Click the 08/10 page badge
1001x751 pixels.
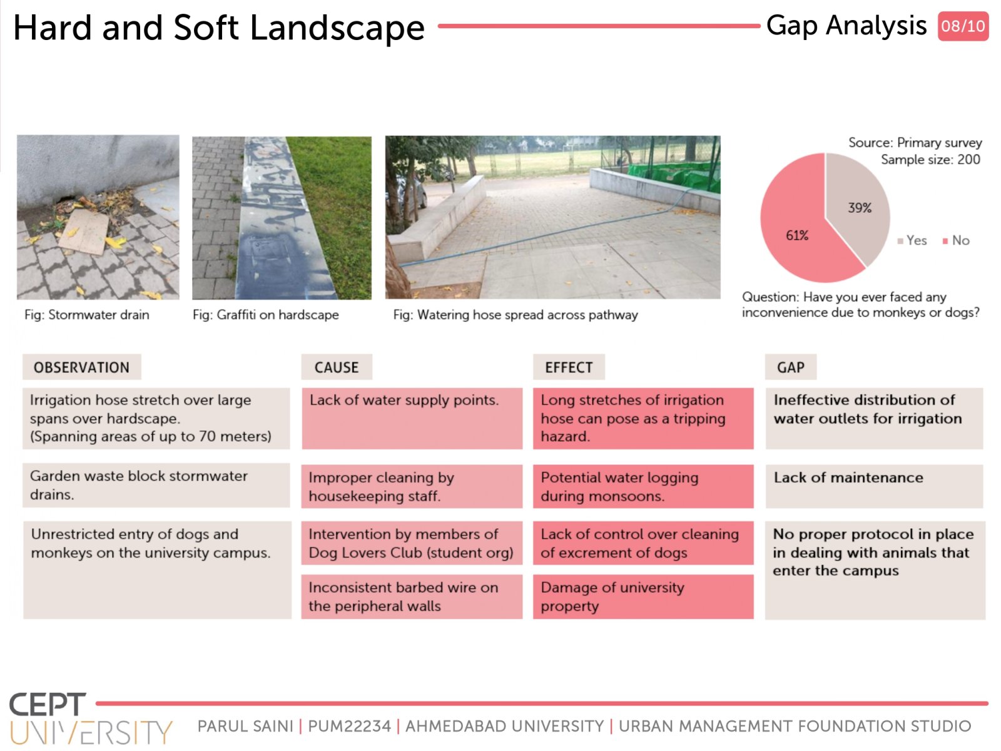963,26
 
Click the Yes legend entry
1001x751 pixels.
912,240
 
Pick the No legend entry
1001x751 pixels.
957,240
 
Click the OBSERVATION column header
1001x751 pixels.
81,367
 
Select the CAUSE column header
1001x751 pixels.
337,367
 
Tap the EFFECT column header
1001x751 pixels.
569,367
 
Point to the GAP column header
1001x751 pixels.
791,367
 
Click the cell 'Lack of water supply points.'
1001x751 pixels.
412,418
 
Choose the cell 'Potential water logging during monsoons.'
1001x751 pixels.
643,486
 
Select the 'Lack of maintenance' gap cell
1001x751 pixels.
874,486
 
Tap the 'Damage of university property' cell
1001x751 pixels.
643,596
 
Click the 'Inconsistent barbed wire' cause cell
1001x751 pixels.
412,596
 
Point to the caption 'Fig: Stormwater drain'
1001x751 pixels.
86,315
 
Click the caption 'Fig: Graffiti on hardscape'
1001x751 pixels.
266,315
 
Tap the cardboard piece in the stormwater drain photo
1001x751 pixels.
83,232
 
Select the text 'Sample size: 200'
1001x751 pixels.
930,160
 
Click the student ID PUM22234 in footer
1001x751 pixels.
349,726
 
